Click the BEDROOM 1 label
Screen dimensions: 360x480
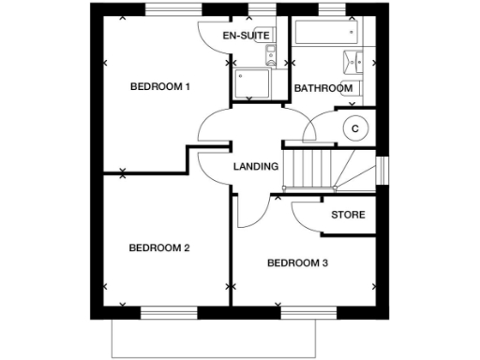(159, 87)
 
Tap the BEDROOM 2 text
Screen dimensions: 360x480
(159, 248)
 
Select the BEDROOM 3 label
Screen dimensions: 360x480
(297, 263)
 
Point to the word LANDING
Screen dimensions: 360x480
(255, 167)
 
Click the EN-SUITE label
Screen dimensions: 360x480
(246, 36)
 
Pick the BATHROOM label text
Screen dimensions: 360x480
(323, 89)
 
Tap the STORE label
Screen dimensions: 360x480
(348, 215)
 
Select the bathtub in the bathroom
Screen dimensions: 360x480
(318, 34)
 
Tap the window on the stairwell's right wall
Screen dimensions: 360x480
(381, 168)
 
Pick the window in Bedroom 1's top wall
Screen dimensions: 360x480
(172, 10)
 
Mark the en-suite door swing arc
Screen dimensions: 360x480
(214, 37)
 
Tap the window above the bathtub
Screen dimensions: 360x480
(330, 10)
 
